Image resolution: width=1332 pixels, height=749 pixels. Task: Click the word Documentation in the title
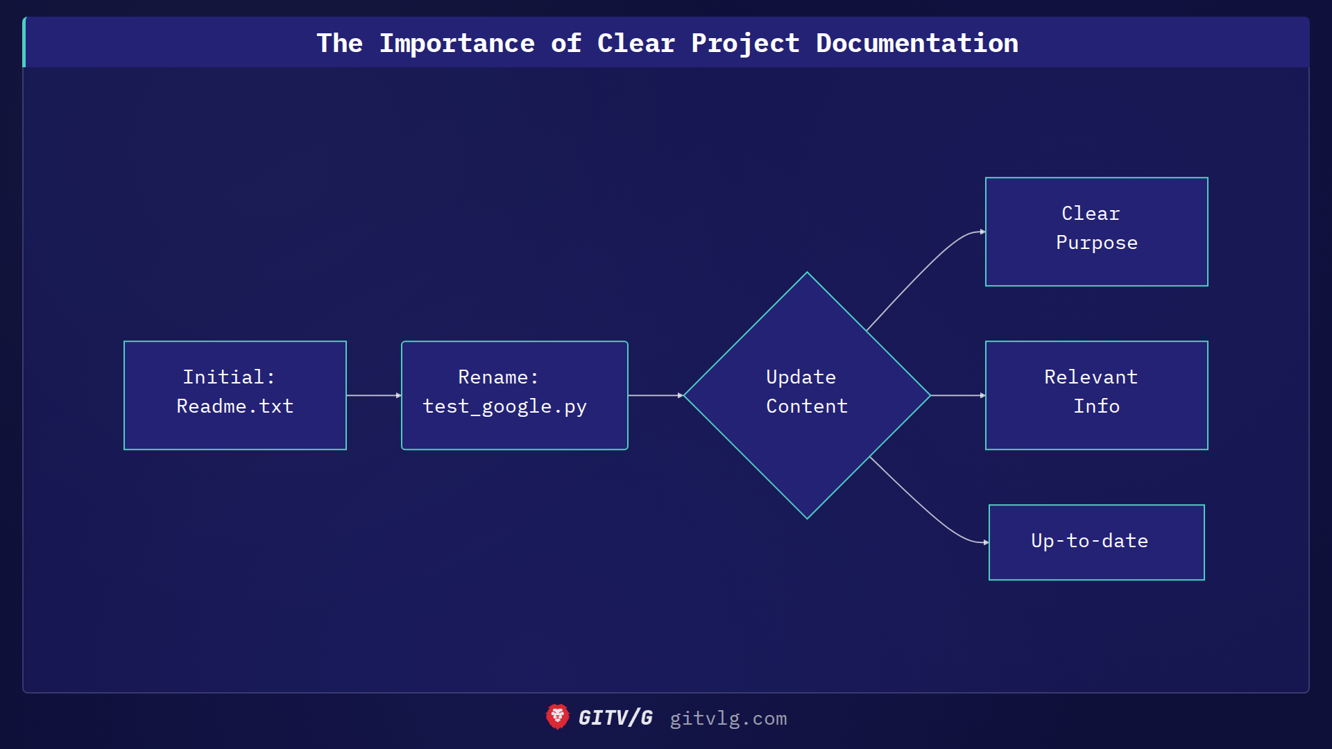coord(916,43)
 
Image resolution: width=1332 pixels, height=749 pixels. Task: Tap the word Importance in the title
coord(456,43)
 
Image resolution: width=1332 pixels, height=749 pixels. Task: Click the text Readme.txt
coord(235,406)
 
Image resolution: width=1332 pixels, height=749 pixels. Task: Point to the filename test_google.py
coord(504,406)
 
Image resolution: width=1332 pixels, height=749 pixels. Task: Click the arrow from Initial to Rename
coord(373,395)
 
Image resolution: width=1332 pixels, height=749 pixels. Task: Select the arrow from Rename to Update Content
coord(655,395)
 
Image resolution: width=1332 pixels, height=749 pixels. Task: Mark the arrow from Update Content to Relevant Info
coord(957,395)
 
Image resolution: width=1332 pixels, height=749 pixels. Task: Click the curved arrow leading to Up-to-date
coord(926,510)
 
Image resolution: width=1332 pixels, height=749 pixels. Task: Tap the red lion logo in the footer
coord(557,717)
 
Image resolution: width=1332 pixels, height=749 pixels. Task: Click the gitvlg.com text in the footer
coord(728,718)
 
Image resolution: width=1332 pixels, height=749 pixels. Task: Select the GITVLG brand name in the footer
coord(615,718)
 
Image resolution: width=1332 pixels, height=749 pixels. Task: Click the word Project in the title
coord(745,43)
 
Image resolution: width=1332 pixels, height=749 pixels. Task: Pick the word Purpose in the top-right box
coord(1096,243)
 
